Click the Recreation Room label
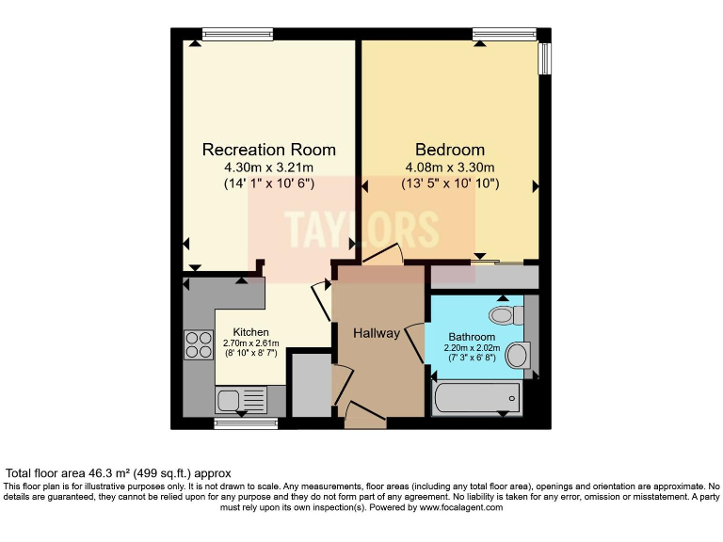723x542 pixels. [x=269, y=150]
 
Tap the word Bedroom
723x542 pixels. [x=450, y=150]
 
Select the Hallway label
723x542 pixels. [x=377, y=333]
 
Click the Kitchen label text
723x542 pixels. [x=251, y=332]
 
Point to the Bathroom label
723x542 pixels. [x=472, y=336]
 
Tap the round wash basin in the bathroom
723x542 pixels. [x=517, y=356]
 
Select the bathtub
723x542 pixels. [x=476, y=397]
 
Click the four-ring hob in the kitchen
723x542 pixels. [x=199, y=344]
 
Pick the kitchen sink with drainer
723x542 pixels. [x=242, y=400]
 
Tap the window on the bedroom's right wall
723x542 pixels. [x=543, y=57]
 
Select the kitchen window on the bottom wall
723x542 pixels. [x=246, y=423]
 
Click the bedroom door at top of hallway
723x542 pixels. [x=382, y=254]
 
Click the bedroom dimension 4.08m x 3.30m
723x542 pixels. [x=450, y=167]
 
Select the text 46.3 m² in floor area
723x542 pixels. [x=103, y=473]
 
